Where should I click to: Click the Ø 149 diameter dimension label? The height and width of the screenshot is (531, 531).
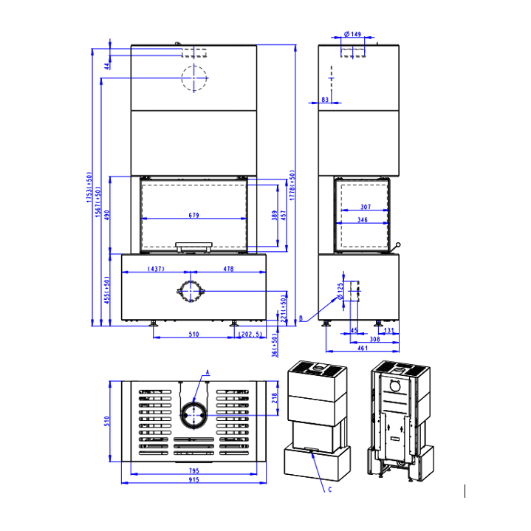(352, 34)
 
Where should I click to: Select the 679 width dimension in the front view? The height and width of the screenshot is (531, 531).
(193, 215)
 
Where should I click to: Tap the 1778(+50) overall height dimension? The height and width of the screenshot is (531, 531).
(292, 185)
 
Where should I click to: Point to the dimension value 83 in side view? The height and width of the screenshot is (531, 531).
(325, 100)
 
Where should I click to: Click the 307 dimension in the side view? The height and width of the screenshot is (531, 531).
(366, 207)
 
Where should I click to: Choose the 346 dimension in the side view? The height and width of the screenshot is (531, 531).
(363, 220)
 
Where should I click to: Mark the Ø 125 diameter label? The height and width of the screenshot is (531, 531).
(340, 291)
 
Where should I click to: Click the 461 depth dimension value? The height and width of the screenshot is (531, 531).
(363, 348)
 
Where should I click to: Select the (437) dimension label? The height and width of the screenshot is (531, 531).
(156, 269)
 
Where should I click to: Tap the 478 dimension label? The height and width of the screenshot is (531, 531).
(229, 269)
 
